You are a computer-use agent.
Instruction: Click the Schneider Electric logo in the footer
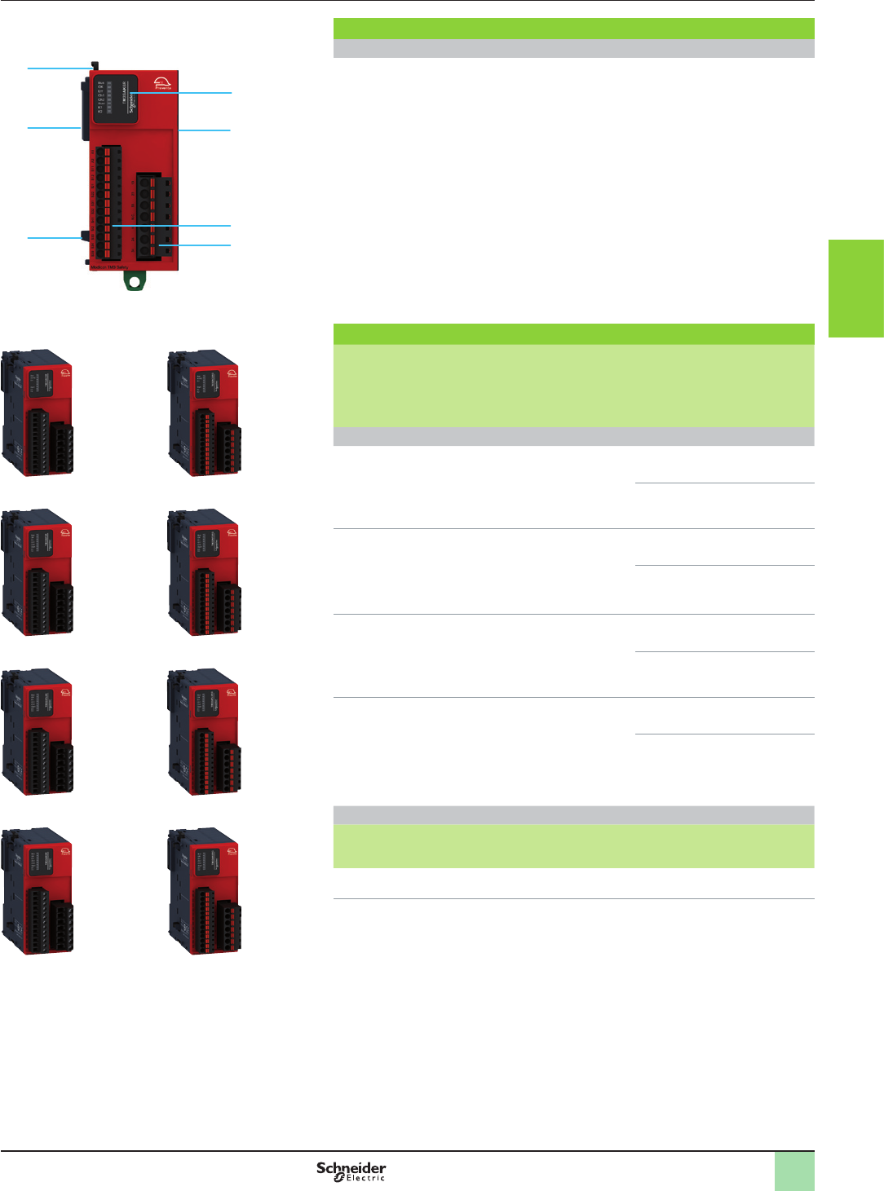coord(351,1171)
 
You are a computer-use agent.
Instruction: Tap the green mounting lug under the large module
coord(134,280)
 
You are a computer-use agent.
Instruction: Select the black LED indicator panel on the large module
coord(115,99)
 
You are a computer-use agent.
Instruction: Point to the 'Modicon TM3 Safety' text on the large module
coord(108,267)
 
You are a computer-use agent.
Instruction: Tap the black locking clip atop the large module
coord(95,64)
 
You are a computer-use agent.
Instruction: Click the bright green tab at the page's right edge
coord(855,288)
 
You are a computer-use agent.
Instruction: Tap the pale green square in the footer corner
coord(793,1171)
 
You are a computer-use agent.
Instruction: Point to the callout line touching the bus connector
coord(53,128)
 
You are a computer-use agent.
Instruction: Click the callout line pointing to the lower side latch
coord(53,237)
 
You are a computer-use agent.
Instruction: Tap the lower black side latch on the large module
coord(83,237)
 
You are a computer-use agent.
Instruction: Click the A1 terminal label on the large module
coord(92,151)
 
